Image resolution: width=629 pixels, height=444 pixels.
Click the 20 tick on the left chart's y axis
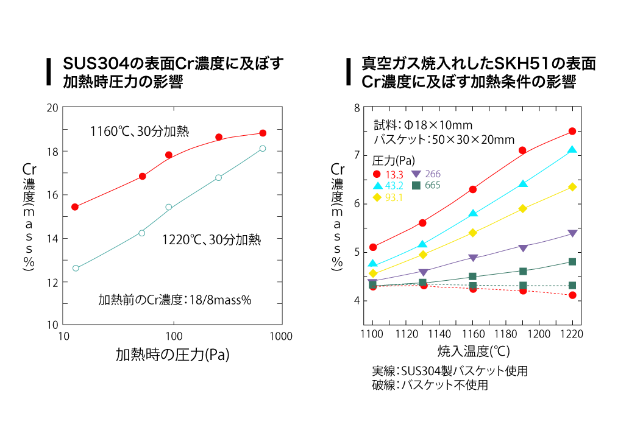click(x=52, y=108)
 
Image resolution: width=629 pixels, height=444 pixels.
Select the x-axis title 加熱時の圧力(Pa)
click(x=172, y=356)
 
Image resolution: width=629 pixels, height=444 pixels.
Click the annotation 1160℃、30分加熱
click(x=140, y=130)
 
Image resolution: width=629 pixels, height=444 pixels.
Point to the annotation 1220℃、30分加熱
click(x=211, y=240)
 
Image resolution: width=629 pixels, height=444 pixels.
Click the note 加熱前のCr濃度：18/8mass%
click(x=175, y=300)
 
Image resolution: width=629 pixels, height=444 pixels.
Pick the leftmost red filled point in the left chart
click(x=75, y=207)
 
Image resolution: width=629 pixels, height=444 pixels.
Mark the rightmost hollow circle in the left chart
click(x=262, y=148)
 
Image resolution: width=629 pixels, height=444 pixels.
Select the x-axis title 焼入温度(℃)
click(x=473, y=351)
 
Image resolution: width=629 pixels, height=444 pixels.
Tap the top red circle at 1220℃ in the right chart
click(x=572, y=131)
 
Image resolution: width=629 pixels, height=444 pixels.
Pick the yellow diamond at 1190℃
click(x=522, y=208)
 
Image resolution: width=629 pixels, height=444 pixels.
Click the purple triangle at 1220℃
click(x=572, y=233)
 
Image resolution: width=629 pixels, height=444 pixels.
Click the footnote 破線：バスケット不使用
click(x=430, y=385)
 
